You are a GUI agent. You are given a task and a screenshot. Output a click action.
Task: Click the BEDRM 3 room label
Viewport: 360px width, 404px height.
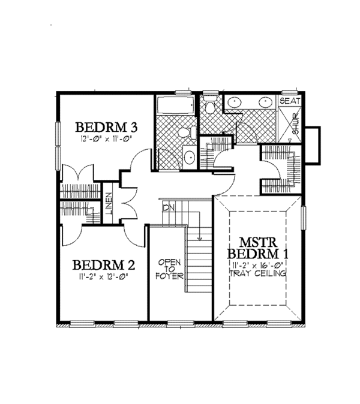[x=107, y=127]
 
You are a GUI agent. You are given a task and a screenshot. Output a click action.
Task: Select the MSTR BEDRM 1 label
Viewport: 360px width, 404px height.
[x=257, y=248]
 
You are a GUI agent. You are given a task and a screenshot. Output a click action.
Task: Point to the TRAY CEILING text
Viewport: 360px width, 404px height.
[x=257, y=273]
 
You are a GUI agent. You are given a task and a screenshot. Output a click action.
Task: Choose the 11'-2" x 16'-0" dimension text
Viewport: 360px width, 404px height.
[x=257, y=264]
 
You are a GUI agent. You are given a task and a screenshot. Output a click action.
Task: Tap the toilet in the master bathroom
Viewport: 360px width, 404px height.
[x=209, y=108]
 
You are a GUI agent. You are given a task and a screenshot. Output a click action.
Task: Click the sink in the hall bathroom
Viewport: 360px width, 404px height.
[x=188, y=158]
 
